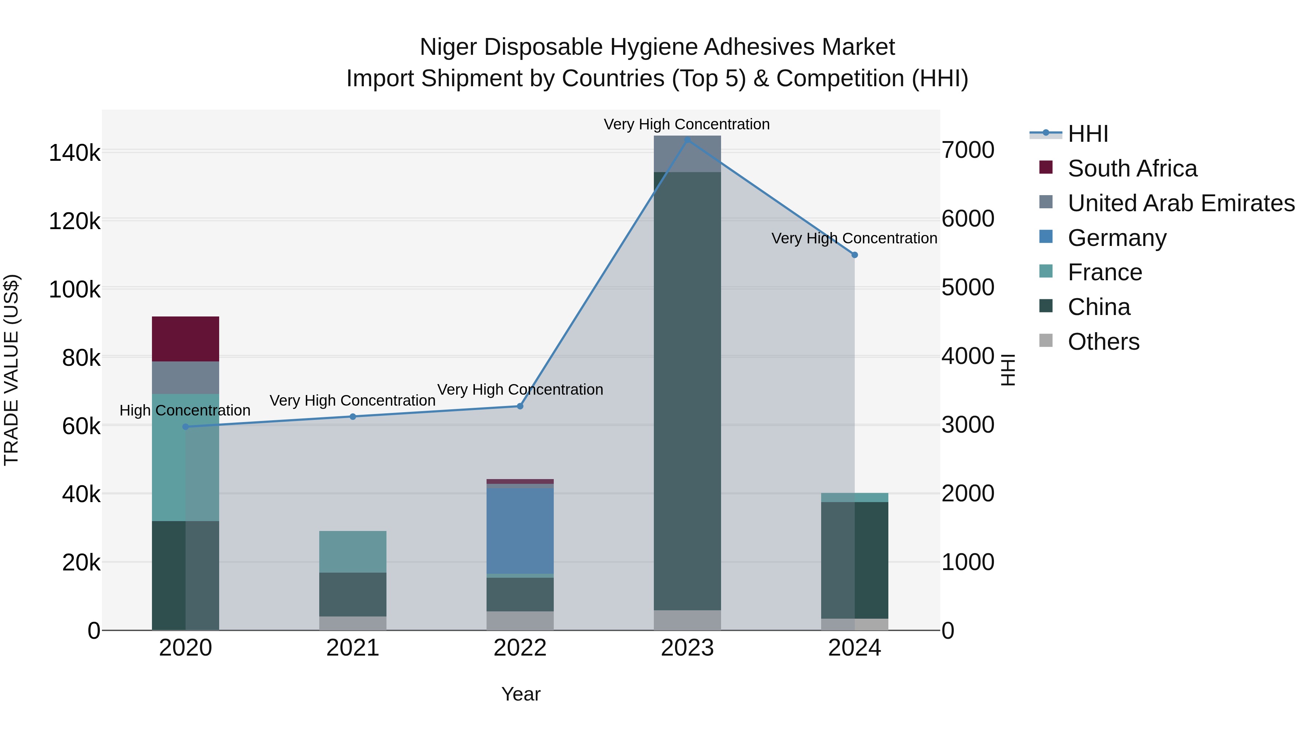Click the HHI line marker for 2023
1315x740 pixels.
tap(687, 140)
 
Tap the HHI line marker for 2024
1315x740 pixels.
tap(854, 255)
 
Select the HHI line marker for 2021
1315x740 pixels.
tap(353, 417)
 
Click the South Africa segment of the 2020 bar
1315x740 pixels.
tap(185, 339)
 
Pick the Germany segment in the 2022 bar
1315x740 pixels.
tap(520, 531)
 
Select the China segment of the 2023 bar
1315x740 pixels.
tap(687, 391)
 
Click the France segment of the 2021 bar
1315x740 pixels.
tap(353, 551)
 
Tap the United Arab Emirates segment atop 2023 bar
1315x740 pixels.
tap(687, 154)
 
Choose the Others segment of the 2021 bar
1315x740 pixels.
tap(353, 623)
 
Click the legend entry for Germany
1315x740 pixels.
tap(1116, 238)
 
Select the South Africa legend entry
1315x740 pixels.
tap(1132, 168)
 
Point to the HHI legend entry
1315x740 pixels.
tap(1087, 134)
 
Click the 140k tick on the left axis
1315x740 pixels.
tap(75, 153)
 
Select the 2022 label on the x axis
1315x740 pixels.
tap(520, 648)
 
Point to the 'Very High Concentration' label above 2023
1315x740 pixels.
tap(687, 124)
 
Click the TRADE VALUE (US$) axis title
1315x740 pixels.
tap(11, 370)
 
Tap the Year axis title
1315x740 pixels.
tap(521, 694)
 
